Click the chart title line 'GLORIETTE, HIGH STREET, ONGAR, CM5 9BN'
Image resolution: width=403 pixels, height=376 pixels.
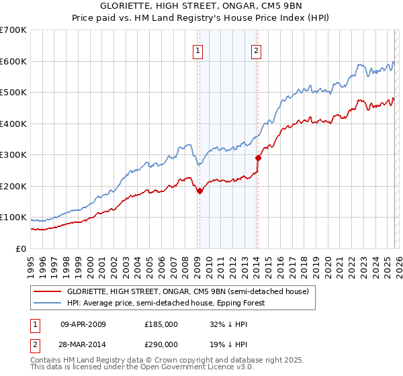tap(201, 6)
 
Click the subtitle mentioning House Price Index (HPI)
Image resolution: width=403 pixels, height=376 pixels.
tap(201, 18)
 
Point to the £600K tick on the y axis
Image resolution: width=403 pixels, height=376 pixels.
tap(13, 61)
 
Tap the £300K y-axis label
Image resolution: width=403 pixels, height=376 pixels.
tap(13, 155)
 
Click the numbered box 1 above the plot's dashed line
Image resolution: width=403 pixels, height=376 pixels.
tap(199, 49)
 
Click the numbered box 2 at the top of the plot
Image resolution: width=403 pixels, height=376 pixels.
tap(257, 49)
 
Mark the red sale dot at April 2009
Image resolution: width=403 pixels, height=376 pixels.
tap(199, 191)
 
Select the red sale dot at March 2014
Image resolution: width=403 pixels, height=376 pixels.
tap(258, 158)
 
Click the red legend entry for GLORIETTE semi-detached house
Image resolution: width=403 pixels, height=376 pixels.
tap(187, 292)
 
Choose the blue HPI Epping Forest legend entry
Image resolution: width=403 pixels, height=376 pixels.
tap(166, 303)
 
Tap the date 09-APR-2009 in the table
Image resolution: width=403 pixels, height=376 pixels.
tap(83, 324)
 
